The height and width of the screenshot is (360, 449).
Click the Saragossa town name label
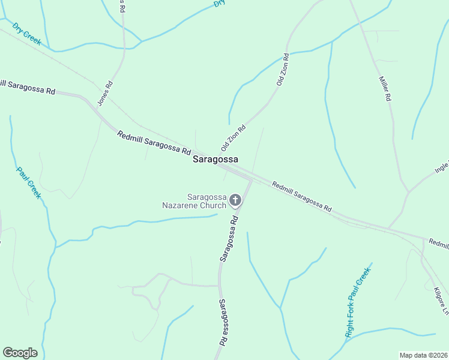[x=215, y=160]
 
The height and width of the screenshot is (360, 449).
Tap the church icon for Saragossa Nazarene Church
[x=235, y=200]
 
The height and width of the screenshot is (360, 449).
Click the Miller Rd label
[x=385, y=88]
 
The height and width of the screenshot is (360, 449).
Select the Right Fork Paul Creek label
[x=359, y=302]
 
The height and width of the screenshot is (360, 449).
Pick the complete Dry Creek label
[x=26, y=34]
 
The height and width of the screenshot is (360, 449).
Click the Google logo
[x=20, y=353]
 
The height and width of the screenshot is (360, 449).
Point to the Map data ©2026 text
[x=423, y=355]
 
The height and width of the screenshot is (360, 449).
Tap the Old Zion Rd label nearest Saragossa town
[x=234, y=137]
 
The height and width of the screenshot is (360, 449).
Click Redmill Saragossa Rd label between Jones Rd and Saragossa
[x=154, y=142]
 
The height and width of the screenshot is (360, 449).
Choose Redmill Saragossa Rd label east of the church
[x=301, y=196]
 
